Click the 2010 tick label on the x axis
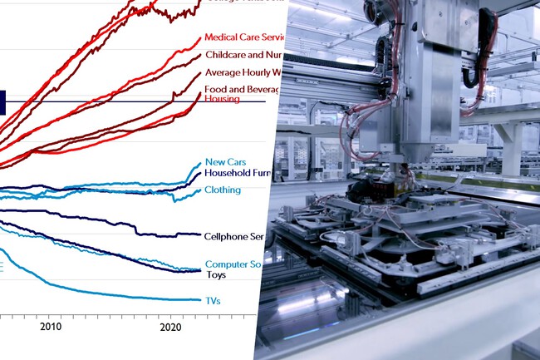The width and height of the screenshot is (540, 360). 51,327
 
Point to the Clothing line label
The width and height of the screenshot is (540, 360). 222,190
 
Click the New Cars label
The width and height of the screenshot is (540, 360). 224,163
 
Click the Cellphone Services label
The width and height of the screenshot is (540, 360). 233,237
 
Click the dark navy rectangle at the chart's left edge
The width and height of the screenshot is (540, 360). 2,102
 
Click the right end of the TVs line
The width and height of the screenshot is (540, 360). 199,300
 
